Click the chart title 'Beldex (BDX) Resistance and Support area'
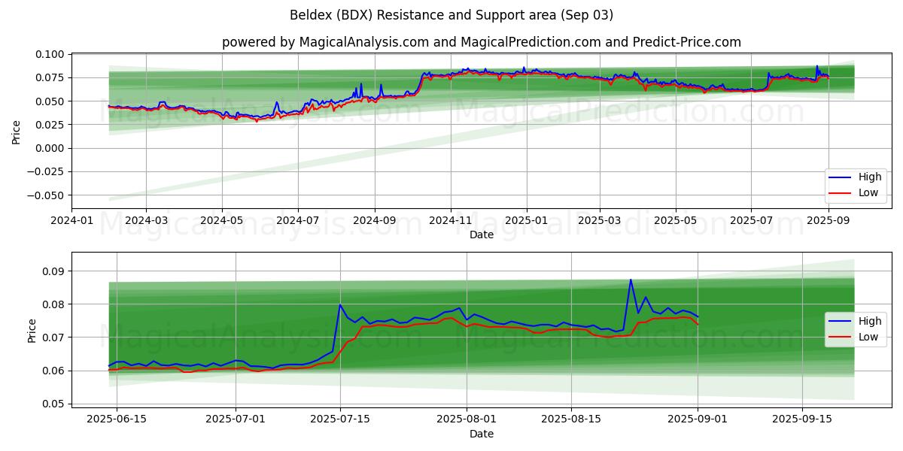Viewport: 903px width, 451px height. click(x=451, y=15)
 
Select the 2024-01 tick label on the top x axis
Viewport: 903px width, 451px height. click(x=72, y=220)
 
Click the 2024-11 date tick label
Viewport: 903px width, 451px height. click(x=451, y=220)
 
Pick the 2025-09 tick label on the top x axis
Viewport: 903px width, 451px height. click(x=828, y=220)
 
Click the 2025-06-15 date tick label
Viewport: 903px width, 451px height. click(x=117, y=419)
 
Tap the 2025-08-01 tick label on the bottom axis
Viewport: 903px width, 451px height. click(x=466, y=419)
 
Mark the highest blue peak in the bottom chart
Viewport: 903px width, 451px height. click(x=631, y=280)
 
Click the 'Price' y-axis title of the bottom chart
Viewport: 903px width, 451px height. click(x=32, y=330)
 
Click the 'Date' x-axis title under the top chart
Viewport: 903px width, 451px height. click(x=481, y=235)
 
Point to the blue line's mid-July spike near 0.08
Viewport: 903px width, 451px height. click(x=340, y=304)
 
